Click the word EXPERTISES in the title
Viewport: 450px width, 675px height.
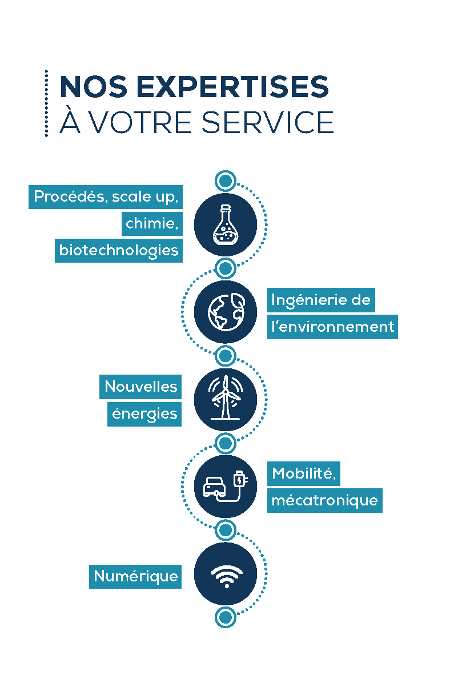pyautogui.click(x=232, y=87)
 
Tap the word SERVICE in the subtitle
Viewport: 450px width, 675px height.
pyautogui.click(x=267, y=122)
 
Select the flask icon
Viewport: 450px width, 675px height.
pyautogui.click(x=225, y=224)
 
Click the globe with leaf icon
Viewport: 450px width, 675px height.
pyautogui.click(x=226, y=312)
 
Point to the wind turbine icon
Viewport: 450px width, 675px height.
pyautogui.click(x=225, y=397)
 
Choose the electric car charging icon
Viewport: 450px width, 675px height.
pyautogui.click(x=225, y=487)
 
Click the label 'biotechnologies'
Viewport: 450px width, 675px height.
pyautogui.click(x=119, y=250)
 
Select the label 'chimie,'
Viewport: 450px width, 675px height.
pyautogui.click(x=152, y=223)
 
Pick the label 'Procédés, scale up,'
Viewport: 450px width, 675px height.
pyautogui.click(x=106, y=196)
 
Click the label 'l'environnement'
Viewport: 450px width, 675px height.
pyautogui.click(x=332, y=327)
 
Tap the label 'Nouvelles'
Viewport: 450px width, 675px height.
pyautogui.click(x=140, y=387)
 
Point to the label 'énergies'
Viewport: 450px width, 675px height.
pyautogui.click(x=144, y=414)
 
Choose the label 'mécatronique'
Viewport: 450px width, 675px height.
pyautogui.click(x=325, y=500)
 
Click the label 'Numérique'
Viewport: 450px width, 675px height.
pyautogui.click(x=135, y=576)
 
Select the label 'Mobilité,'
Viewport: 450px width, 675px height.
pyautogui.click(x=304, y=473)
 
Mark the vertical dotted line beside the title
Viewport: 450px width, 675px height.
pyautogui.click(x=46, y=103)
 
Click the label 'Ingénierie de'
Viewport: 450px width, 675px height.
pyautogui.click(x=321, y=300)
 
